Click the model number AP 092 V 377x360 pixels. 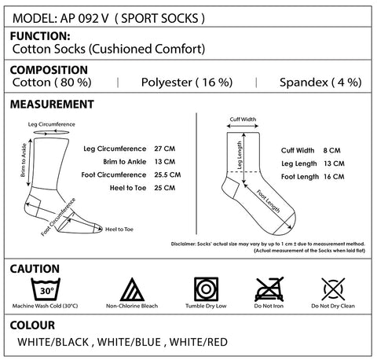click(84, 18)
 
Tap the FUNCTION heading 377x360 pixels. click(40, 36)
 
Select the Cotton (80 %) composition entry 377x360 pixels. click(52, 83)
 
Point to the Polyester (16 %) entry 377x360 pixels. click(187, 83)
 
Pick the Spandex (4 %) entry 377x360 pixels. click(320, 83)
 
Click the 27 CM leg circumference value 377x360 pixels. click(165, 149)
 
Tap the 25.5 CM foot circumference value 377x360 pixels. click(167, 174)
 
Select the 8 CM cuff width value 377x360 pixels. click(331, 151)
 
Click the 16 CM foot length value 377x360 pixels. click(334, 177)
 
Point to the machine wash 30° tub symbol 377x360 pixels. click(46, 289)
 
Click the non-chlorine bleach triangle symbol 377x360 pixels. click(132, 289)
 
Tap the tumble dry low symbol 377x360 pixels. click(206, 289)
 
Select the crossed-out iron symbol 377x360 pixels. click(269, 289)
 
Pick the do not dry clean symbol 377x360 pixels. click(333, 289)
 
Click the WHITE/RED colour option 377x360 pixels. click(199, 342)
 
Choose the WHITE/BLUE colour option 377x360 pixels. click(129, 342)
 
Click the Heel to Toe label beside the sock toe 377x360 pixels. click(119, 230)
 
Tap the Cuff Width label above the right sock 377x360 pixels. click(243, 119)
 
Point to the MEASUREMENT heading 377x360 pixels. click(52, 105)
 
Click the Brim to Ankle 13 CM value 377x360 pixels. click(165, 162)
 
